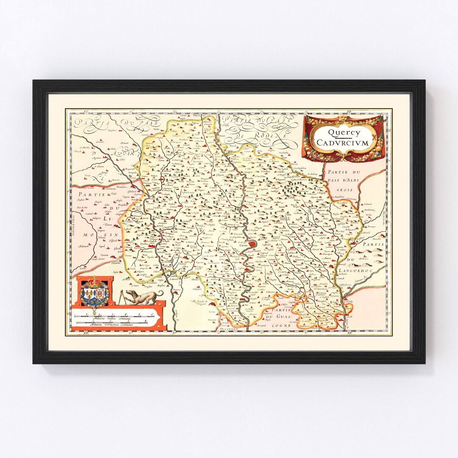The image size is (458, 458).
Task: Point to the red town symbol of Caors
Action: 253,244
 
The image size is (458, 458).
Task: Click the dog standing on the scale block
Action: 146,296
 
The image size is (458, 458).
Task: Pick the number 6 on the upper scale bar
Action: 151,314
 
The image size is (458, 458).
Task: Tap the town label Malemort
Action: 83,246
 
